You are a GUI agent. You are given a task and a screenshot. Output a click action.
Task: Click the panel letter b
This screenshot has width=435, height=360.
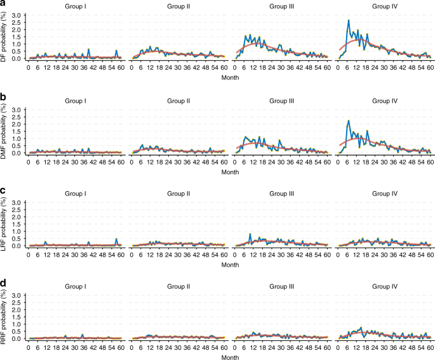coord(4,97)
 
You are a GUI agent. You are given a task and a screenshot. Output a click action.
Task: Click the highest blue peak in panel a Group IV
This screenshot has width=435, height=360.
coord(349,20)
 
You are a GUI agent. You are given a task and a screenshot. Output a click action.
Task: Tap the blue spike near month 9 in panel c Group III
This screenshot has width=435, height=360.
coord(250,235)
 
